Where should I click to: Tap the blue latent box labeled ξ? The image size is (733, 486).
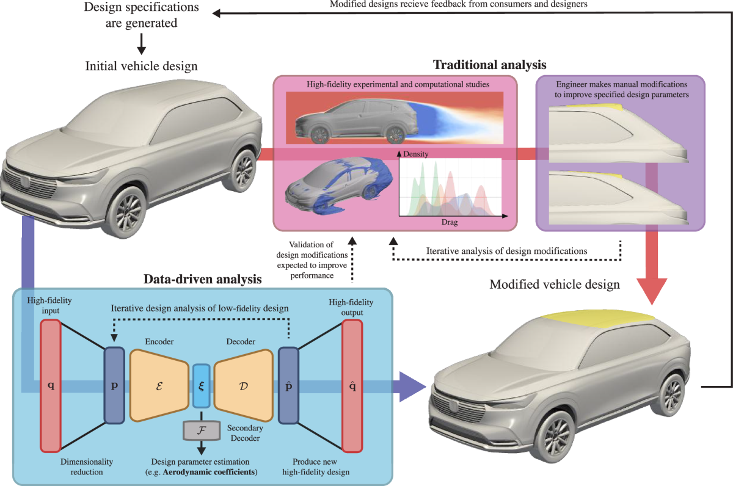202,385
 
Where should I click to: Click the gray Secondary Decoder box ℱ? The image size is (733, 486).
201,430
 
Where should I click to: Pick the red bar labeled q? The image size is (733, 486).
50,385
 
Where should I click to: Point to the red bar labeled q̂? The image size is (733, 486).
352,385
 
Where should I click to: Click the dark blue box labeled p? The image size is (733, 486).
114,385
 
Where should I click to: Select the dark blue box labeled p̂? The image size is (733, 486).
288,385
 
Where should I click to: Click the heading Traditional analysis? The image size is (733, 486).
489,64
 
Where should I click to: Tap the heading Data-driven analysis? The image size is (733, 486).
202,280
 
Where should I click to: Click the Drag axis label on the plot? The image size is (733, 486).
449,223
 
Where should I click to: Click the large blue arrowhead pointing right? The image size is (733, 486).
413,386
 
